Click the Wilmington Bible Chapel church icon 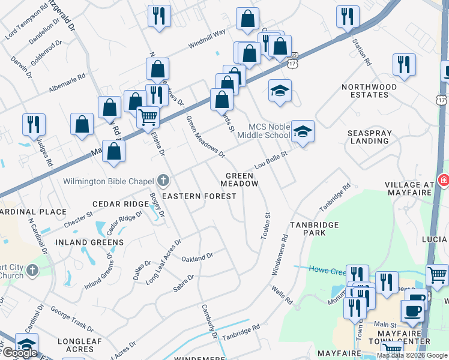(162, 180)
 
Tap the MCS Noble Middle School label (270, 131)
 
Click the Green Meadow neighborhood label (242, 179)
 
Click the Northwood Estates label (369, 91)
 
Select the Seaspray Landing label (369, 136)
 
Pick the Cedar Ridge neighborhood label (120, 204)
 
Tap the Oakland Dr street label (197, 257)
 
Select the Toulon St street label (264, 226)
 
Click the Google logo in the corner (20, 353)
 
